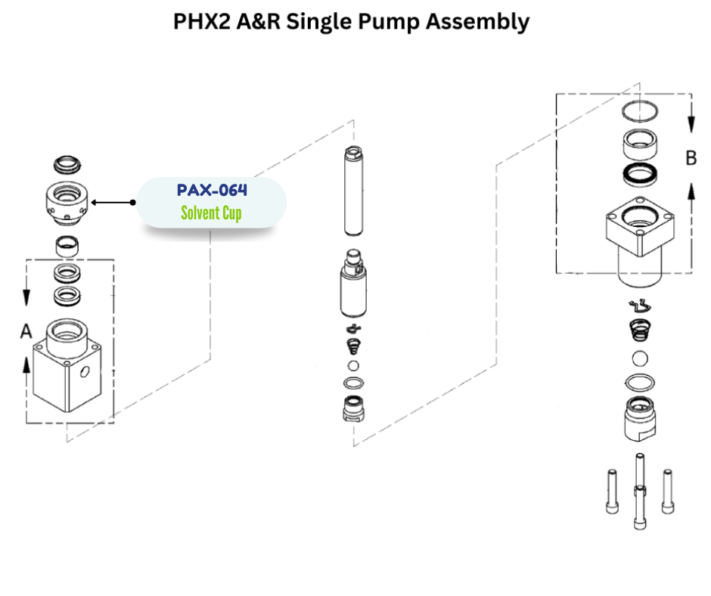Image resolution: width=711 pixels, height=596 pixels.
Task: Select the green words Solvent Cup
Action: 211,213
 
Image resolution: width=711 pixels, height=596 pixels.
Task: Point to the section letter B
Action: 691,158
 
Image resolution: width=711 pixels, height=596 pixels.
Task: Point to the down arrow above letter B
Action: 691,121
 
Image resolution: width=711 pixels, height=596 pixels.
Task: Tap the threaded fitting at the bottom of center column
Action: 353,408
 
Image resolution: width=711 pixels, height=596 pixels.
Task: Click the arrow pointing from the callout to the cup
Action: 112,202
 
